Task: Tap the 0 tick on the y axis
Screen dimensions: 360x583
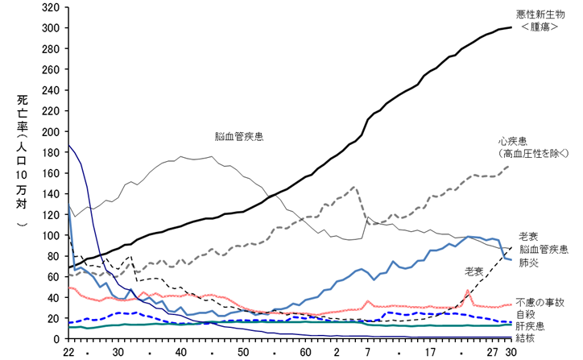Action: click(56, 339)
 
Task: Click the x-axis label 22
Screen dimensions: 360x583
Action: click(68, 352)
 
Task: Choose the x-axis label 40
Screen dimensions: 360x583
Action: click(181, 352)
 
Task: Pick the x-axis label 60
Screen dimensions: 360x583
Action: click(306, 352)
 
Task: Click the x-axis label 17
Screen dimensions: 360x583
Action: click(432, 352)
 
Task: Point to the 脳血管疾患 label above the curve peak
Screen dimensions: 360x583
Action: click(239, 137)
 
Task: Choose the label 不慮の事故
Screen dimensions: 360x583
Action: click(539, 302)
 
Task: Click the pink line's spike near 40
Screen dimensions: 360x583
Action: click(468, 291)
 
